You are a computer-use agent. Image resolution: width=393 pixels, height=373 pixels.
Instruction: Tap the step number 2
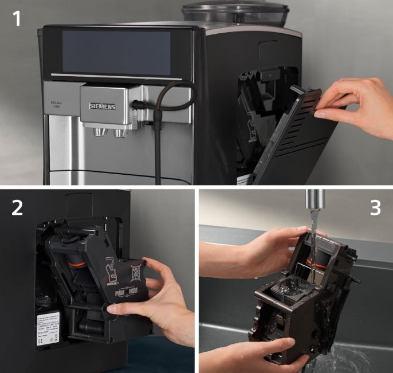pos(18,207)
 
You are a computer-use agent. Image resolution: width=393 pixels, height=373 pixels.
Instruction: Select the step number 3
pos(375,207)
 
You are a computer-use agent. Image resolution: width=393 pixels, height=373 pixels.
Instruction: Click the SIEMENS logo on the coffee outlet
pos(102,106)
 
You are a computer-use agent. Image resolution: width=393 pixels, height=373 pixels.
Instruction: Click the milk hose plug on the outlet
pos(137,105)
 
